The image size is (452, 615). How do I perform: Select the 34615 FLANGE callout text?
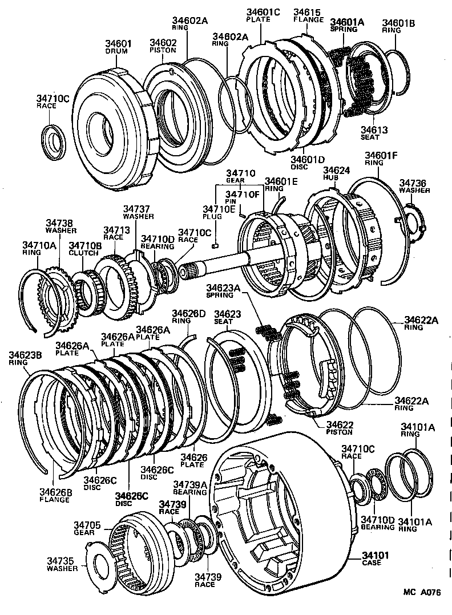pyautogui.click(x=308, y=15)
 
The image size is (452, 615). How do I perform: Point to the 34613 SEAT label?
pyautogui.click(x=374, y=133)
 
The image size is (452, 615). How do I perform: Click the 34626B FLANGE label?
pyautogui.click(x=55, y=495)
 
